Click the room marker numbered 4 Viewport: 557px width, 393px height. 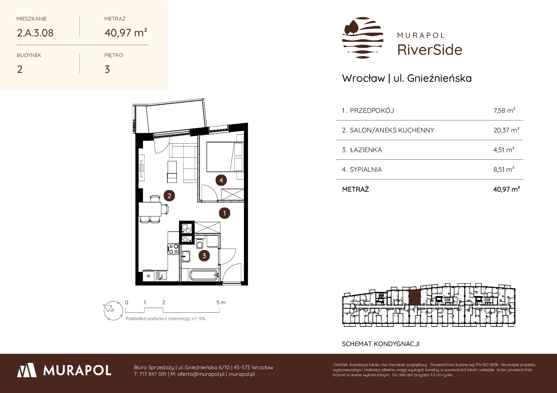tap(221, 180)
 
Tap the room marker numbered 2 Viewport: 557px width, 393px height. tap(169, 196)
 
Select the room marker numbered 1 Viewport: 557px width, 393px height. tap(225, 213)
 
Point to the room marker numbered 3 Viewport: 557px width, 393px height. tap(204, 256)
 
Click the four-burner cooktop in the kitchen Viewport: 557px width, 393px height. tap(173, 249)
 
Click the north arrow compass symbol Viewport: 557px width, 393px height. tap(113, 310)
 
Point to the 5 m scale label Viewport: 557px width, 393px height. tap(221, 302)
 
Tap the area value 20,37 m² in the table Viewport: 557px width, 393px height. tap(506, 130)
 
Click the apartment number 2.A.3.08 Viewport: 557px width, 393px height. tap(35, 33)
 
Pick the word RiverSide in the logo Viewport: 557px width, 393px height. tap(430, 50)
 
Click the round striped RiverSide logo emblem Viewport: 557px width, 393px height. tap(363, 38)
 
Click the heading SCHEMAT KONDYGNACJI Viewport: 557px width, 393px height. tap(380, 344)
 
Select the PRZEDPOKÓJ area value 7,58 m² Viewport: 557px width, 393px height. tap(504, 110)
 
